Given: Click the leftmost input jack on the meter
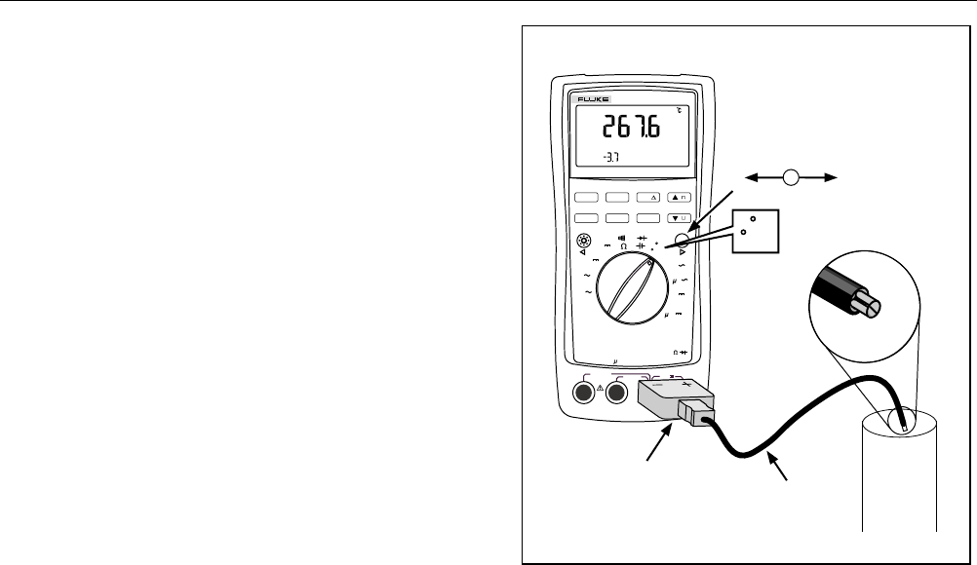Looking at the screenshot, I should (x=585, y=393).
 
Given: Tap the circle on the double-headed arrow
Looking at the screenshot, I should (x=792, y=177).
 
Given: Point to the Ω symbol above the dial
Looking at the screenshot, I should (x=623, y=246).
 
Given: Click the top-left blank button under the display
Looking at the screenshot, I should (x=588, y=197).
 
